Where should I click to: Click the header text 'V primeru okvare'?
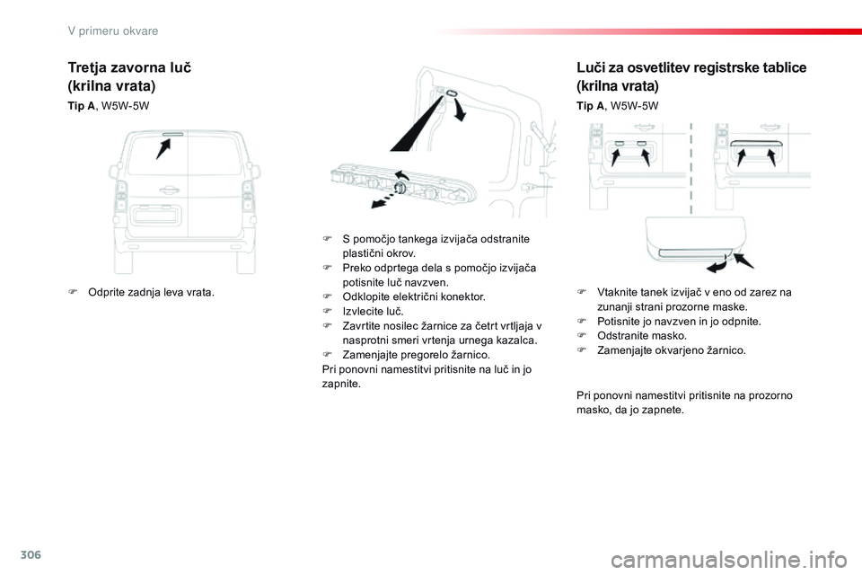[113, 31]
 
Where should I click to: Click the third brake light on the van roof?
[172, 133]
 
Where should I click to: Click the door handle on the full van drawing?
[167, 190]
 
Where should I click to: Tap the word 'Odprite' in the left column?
[108, 292]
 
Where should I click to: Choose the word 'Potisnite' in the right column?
[620, 321]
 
